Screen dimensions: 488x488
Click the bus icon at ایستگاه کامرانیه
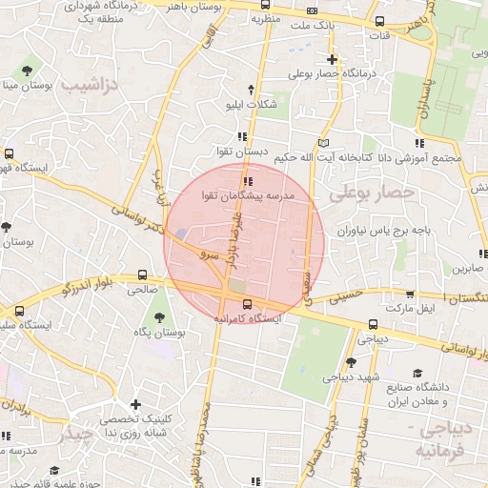tap(248, 305)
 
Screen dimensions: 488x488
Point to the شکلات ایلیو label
tap(250, 104)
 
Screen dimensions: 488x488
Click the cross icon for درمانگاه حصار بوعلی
tap(331, 59)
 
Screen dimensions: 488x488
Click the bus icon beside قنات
tap(380, 22)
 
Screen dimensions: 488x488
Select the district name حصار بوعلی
tap(374, 193)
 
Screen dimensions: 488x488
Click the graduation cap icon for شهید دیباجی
tap(351, 361)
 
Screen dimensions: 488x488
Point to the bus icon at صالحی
tap(143, 273)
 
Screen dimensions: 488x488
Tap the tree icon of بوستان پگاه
tap(158, 317)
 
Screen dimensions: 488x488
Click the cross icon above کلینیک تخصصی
tap(135, 404)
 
